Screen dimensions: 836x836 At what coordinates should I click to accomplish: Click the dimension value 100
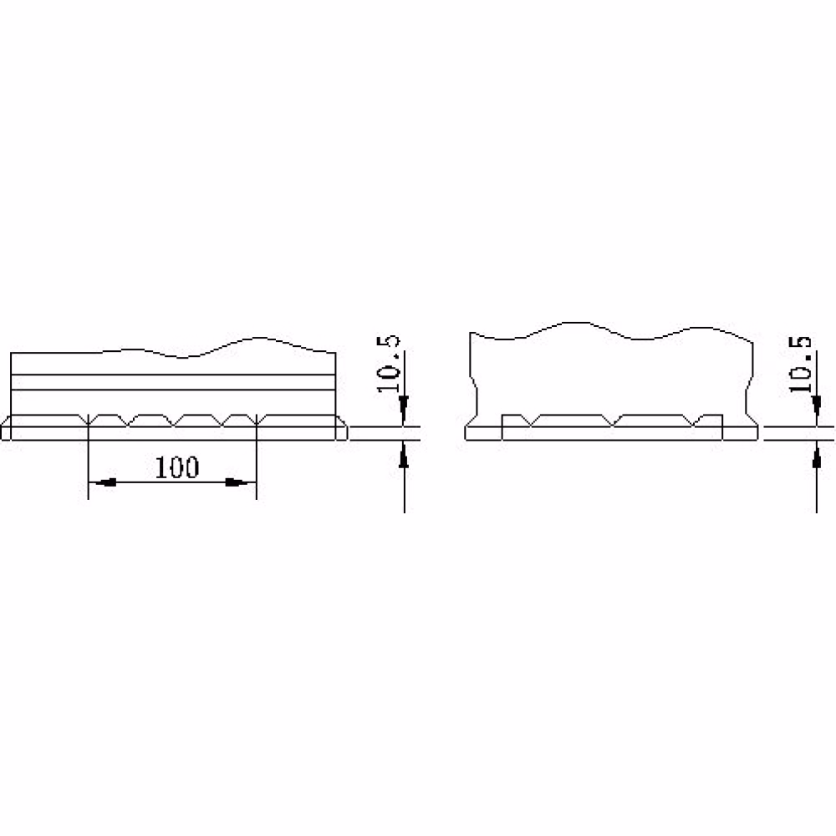[177, 467]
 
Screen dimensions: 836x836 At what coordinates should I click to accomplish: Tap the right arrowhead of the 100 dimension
[237, 482]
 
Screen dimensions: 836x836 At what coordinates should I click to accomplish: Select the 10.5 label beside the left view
[388, 364]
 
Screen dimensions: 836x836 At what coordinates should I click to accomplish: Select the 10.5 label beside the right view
[800, 364]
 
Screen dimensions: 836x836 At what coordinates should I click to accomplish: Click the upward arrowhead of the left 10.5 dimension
[404, 456]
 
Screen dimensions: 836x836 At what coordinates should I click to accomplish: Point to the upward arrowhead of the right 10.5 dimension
[816, 456]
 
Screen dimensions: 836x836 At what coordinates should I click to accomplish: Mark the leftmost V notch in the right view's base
[531, 421]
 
